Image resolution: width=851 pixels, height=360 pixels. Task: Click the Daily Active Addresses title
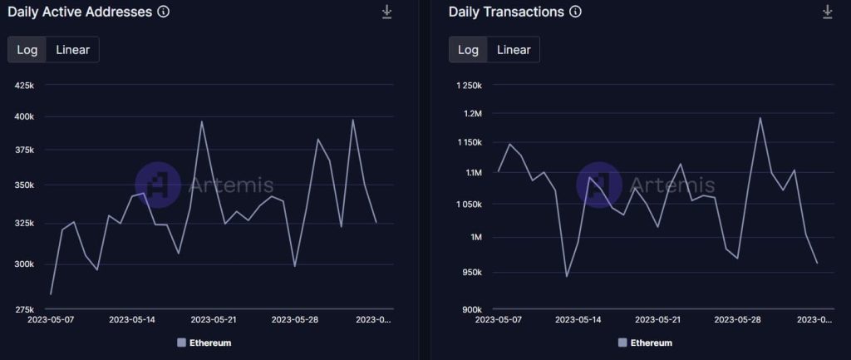tap(79, 12)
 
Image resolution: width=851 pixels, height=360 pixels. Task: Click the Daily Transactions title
tap(506, 12)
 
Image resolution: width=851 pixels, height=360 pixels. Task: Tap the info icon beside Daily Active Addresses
tap(164, 12)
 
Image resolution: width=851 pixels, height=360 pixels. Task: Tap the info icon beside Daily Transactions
tap(576, 12)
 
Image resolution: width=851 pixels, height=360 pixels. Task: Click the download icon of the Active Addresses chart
tap(386, 12)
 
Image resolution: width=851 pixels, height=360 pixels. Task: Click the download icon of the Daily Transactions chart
tap(827, 12)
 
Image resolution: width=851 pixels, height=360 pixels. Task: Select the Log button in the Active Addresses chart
tap(27, 50)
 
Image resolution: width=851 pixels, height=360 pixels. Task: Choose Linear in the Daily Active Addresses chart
tap(73, 50)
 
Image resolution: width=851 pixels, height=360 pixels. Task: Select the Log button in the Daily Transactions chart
tap(468, 50)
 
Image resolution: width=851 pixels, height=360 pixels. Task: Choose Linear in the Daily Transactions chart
tap(514, 50)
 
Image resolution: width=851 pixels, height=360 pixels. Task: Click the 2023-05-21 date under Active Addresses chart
tap(214, 319)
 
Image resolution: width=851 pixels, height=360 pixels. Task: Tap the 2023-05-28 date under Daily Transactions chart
tap(736, 319)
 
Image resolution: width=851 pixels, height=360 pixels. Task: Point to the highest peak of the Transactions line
tap(760, 117)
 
